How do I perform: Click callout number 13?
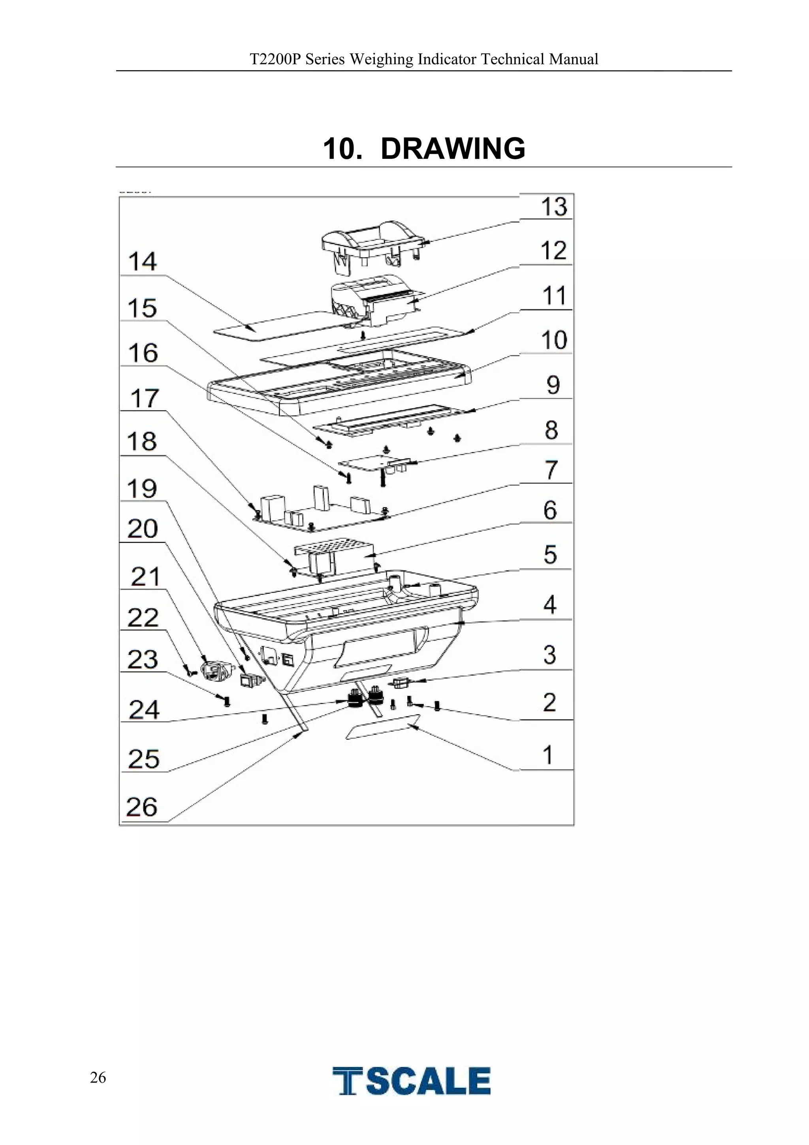coord(554,207)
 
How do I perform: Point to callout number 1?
coord(548,755)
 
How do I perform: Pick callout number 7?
coord(551,470)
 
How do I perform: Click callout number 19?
coord(142,488)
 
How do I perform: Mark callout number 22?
coord(143,618)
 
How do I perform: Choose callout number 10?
coord(554,340)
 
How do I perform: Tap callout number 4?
coord(549,605)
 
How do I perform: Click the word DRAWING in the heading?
coord(453,149)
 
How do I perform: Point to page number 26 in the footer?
coord(98,1078)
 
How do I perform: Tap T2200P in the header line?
coord(275,59)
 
